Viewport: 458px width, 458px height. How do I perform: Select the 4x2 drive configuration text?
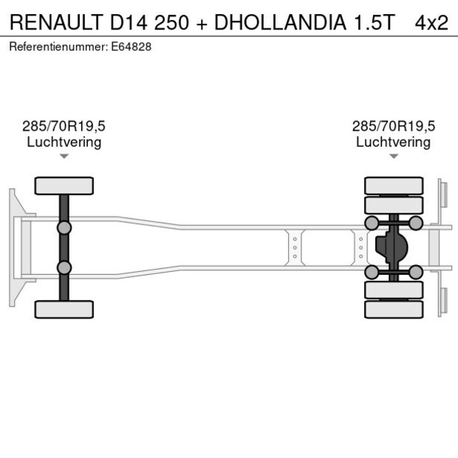[x=431, y=22]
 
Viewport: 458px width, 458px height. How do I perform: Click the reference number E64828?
[x=132, y=47]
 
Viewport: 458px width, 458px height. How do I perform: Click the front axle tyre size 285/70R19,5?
[x=64, y=126]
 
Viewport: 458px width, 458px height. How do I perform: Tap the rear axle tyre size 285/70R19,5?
[x=393, y=126]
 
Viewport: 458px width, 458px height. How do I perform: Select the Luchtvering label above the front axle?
[x=64, y=142]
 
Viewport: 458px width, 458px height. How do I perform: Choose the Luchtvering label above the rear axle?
[x=393, y=142]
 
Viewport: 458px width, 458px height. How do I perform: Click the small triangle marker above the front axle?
[x=64, y=156]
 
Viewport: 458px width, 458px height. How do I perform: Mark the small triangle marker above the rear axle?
[x=394, y=156]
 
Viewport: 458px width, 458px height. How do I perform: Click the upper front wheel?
[x=64, y=185]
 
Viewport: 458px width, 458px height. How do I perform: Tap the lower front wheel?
[x=64, y=309]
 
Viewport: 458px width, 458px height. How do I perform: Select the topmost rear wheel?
[x=394, y=185]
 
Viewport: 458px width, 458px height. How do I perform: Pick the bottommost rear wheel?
[x=394, y=309]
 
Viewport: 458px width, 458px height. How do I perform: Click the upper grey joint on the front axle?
[x=64, y=228]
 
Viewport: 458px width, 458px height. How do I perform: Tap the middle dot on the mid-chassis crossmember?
[x=295, y=247]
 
